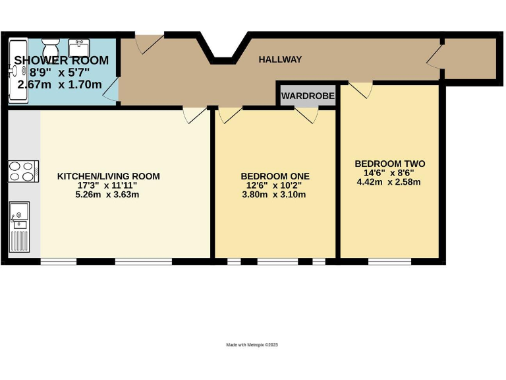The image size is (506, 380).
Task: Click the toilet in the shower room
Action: pyautogui.click(x=51, y=48)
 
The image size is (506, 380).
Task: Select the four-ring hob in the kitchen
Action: pyautogui.click(x=24, y=171)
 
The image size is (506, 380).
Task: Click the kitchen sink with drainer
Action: pyautogui.click(x=20, y=224)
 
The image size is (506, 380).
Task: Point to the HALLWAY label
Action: pyautogui.click(x=280, y=59)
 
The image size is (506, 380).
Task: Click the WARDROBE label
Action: pyautogui.click(x=308, y=96)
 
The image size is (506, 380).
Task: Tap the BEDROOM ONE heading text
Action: pyautogui.click(x=275, y=176)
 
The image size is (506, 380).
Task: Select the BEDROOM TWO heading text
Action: pyautogui.click(x=389, y=164)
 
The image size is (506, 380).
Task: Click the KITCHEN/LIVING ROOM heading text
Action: pyautogui.click(x=109, y=176)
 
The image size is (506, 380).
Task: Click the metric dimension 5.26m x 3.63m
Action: pyautogui.click(x=107, y=195)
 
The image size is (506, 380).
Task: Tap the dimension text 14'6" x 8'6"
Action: pyautogui.click(x=389, y=173)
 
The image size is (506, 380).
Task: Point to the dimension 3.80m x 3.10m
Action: pyautogui.click(x=275, y=195)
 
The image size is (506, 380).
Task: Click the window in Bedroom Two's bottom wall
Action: pyautogui.click(x=389, y=262)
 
